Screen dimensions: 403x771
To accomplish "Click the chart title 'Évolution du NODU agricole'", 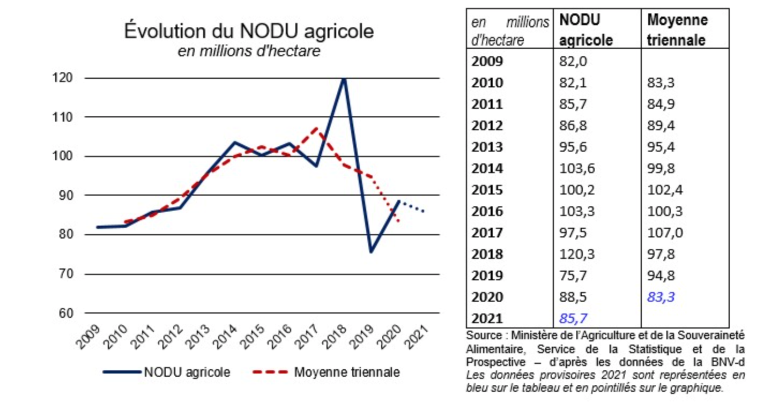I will pyautogui.click(x=249, y=31).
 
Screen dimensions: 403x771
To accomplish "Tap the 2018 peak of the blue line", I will pyautogui.click(x=343, y=79).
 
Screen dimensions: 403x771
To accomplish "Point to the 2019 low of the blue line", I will pyautogui.click(x=370, y=252).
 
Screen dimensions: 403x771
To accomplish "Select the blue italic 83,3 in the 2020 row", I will pyautogui.click(x=661, y=297).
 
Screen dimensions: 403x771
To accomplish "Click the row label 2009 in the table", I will pyautogui.click(x=487, y=61).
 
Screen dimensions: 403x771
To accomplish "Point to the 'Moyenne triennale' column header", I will pyautogui.click(x=678, y=30).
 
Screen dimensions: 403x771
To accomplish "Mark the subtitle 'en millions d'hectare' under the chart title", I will pyautogui.click(x=249, y=51).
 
